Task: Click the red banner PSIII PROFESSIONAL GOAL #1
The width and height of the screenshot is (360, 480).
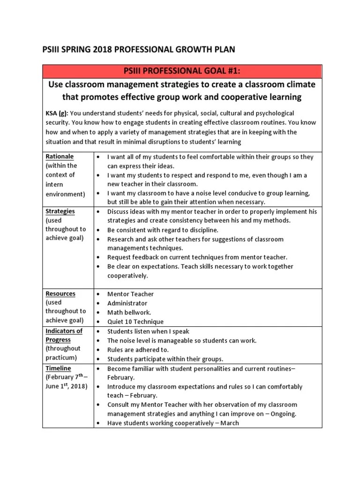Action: tap(182, 71)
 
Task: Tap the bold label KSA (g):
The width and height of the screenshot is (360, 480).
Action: tap(56, 113)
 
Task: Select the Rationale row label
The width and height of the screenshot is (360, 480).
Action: tap(60, 156)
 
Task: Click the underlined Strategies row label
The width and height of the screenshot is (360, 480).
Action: tap(60, 211)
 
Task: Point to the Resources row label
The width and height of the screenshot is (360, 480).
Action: tap(60, 293)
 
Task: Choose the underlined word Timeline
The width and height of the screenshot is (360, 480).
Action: tap(58, 368)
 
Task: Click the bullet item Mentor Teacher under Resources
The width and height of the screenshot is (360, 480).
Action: tap(130, 294)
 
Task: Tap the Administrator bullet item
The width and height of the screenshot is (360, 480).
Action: tap(127, 303)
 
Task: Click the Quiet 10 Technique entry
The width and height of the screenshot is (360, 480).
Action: tap(135, 322)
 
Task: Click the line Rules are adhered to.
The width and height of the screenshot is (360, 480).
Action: tap(138, 350)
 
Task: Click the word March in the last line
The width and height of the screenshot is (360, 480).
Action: tap(229, 423)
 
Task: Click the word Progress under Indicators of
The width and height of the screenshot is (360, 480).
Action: tap(58, 339)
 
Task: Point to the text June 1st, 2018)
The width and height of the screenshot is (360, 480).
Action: tap(66, 386)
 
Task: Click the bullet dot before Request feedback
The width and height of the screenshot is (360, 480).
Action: tap(98, 257)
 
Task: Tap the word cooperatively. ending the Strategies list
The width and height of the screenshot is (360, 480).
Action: tap(127, 276)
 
